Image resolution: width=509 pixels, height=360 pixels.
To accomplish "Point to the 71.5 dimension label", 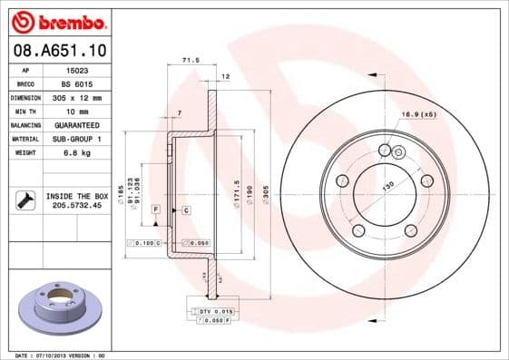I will (191, 61).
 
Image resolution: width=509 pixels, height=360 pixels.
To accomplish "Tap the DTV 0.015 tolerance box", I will (210, 311).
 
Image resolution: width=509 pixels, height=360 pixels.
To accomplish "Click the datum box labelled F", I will (156, 209).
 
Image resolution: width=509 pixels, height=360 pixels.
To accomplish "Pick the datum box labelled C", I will (185, 209).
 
